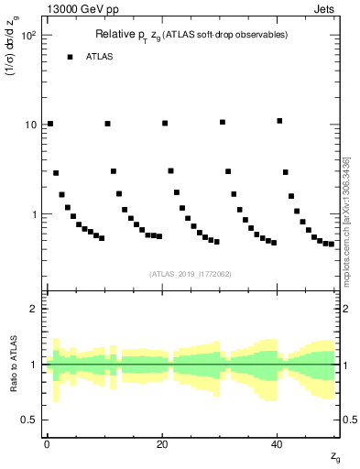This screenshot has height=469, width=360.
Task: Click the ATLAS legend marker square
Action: [70, 57]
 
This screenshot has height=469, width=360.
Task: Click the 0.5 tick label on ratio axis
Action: [29, 420]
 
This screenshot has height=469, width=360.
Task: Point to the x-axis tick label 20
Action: [161, 442]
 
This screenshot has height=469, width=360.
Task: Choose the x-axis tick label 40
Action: [277, 442]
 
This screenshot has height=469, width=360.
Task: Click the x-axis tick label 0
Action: [46, 442]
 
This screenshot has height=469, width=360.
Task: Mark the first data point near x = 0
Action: [50, 124]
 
